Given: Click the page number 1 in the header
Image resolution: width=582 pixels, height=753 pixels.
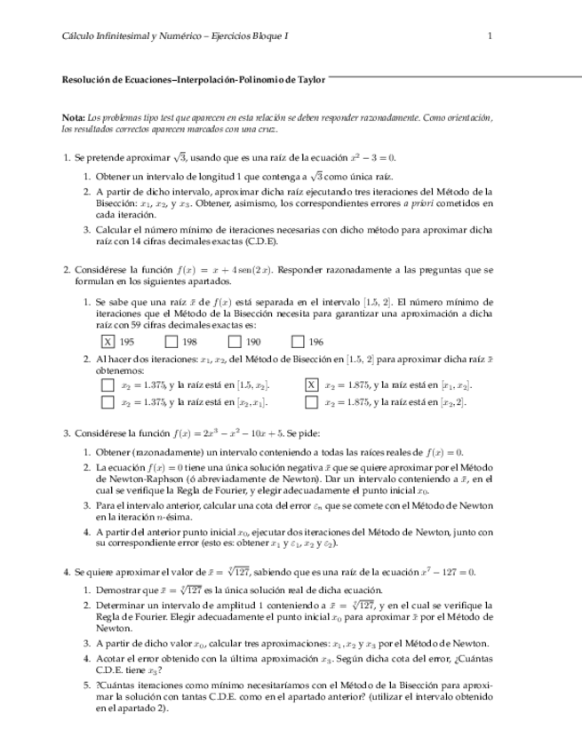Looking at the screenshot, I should (490, 36).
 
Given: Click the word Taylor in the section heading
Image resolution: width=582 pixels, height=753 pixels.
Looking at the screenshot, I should (307, 79).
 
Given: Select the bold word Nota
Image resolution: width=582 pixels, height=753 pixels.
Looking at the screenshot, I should (73, 118).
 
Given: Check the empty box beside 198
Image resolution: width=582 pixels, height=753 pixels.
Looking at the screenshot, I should (171, 341).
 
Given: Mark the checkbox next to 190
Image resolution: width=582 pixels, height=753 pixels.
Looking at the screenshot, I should (235, 341).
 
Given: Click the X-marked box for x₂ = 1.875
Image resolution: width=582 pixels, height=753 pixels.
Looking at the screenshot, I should (311, 384).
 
